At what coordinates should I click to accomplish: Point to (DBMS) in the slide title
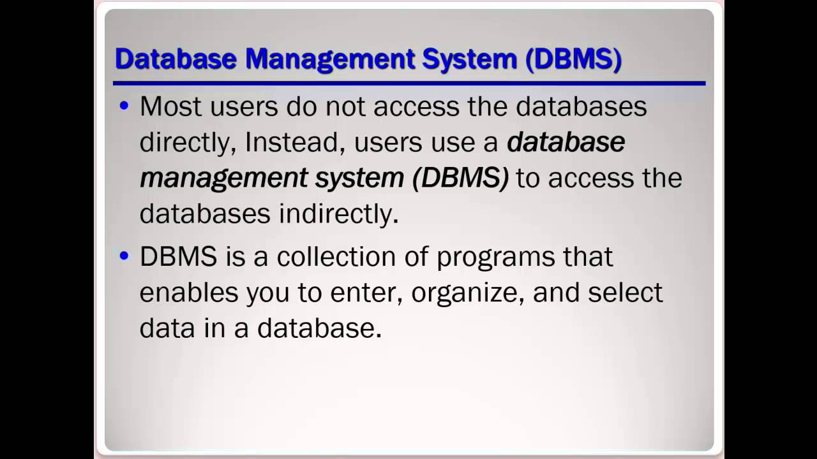[x=573, y=59]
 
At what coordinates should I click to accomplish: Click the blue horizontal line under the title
[x=408, y=83]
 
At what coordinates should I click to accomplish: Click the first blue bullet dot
[x=124, y=106]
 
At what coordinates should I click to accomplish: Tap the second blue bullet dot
[x=124, y=256]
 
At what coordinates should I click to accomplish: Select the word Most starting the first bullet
[x=167, y=106]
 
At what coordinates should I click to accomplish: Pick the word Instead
[x=295, y=142]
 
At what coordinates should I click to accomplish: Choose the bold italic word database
[x=566, y=142]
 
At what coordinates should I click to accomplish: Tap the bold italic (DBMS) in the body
[x=460, y=178]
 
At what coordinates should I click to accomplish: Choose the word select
[x=626, y=293]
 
